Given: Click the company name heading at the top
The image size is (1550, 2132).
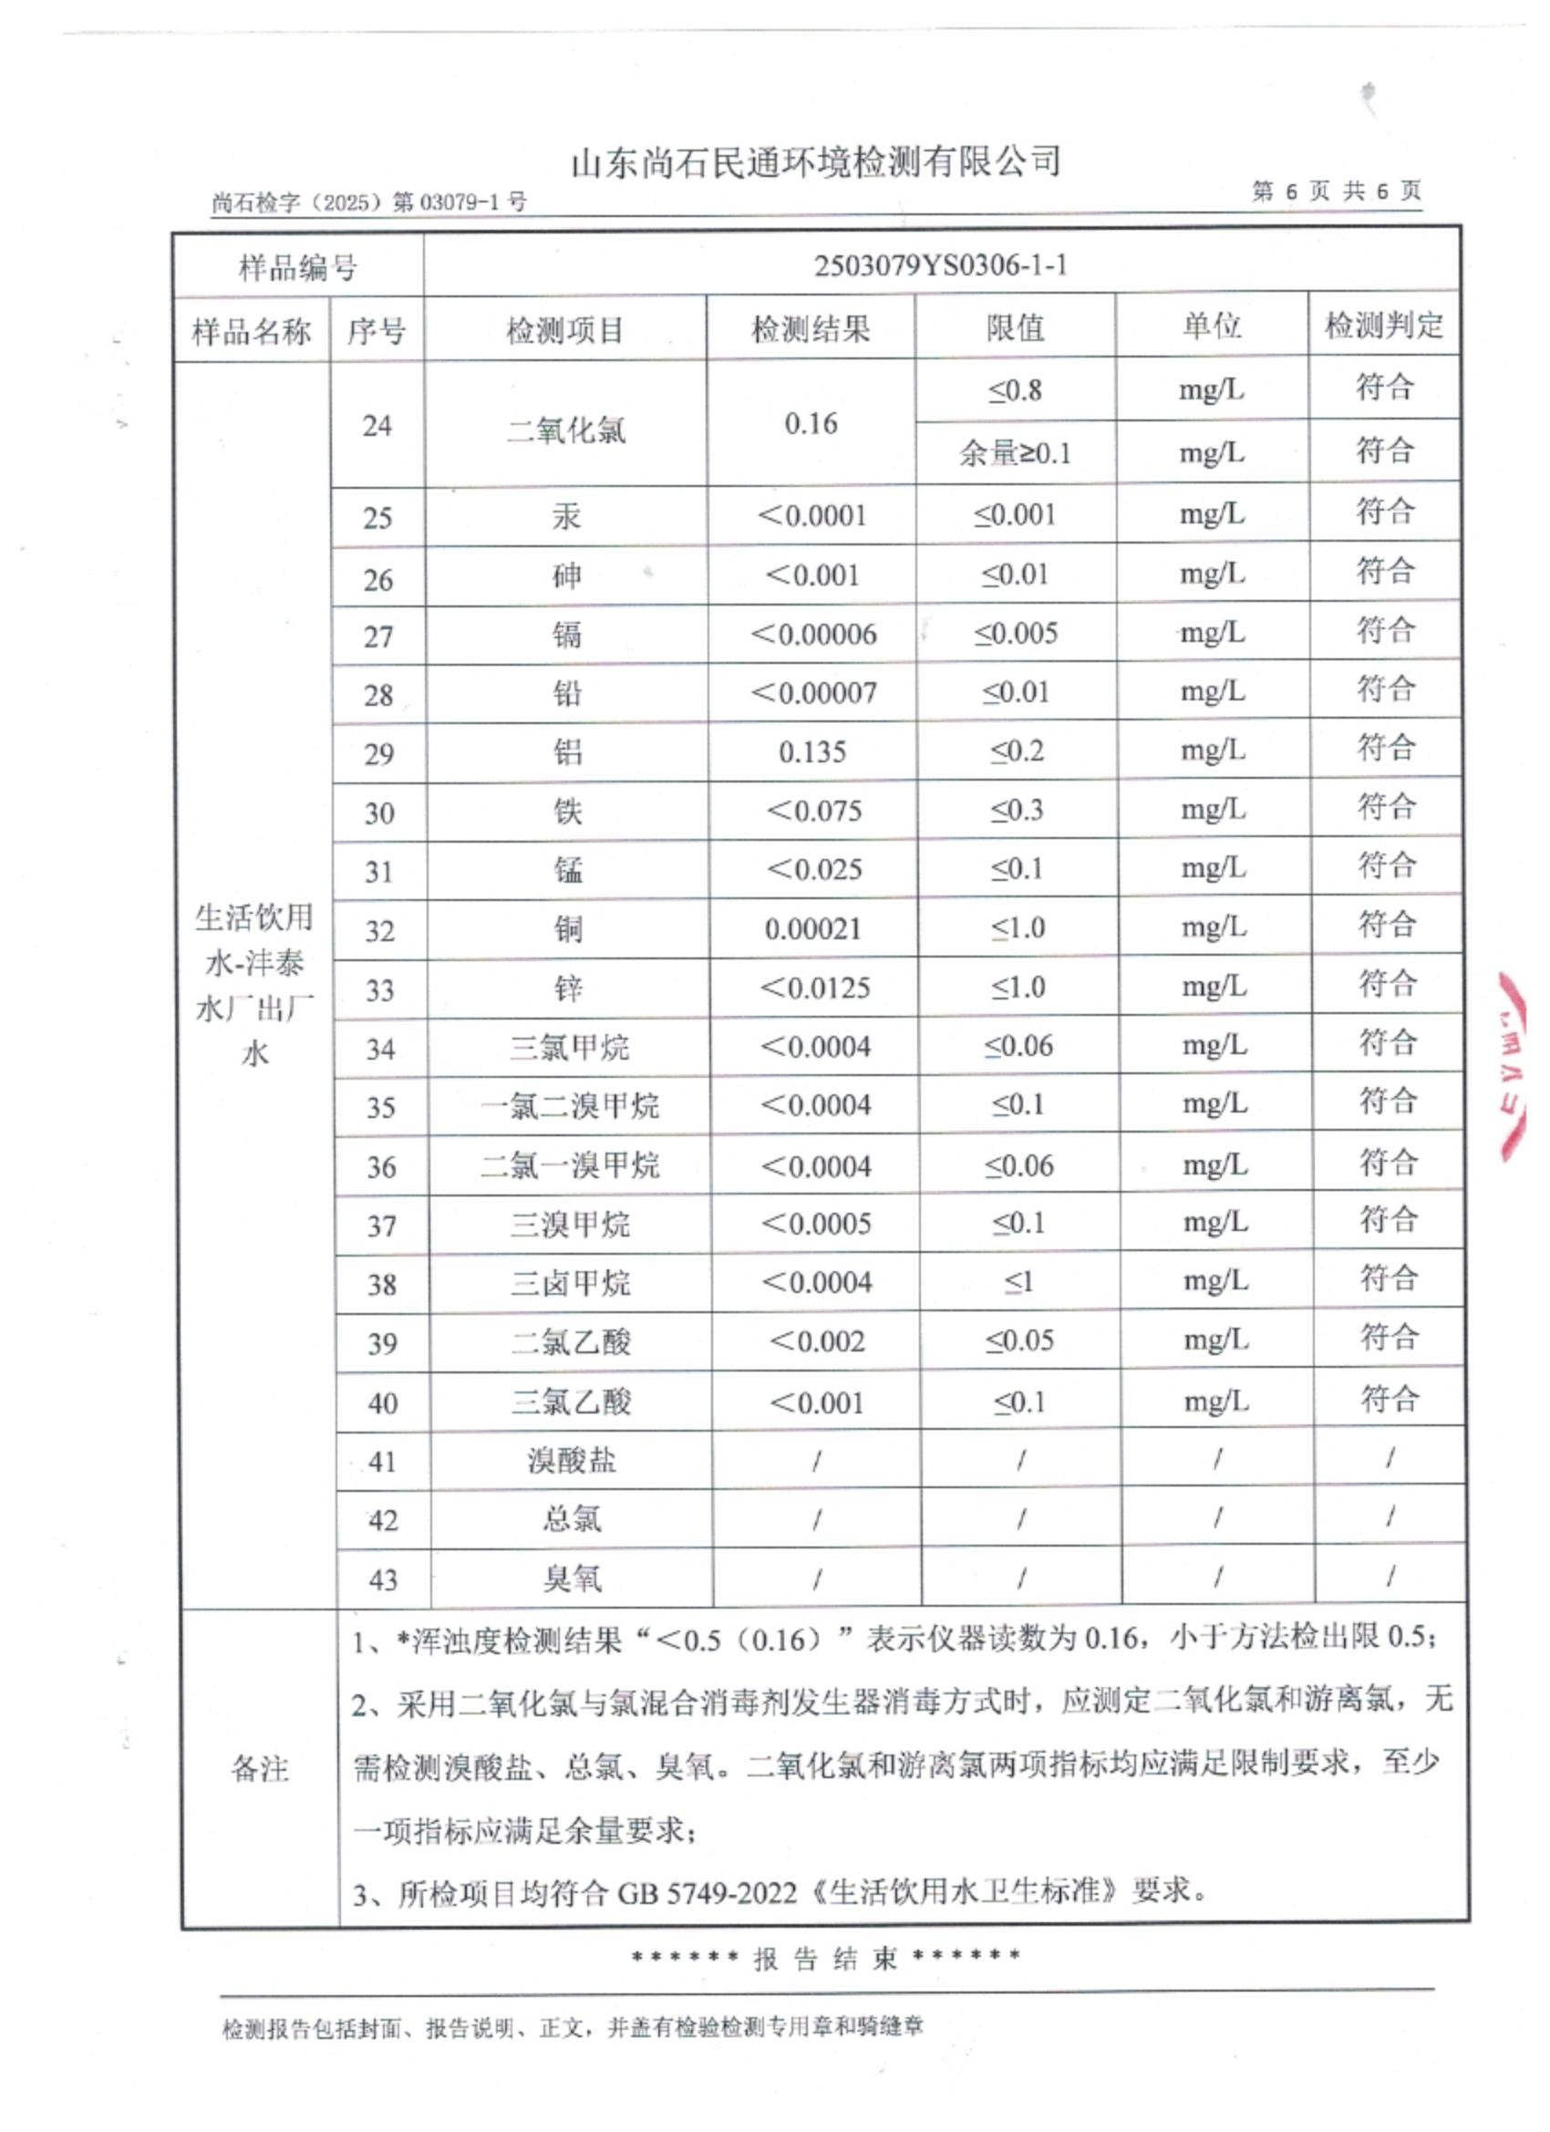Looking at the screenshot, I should coord(816,162).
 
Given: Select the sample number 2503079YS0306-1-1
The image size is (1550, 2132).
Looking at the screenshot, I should coord(940,265).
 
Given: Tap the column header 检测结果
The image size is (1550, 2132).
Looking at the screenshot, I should coord(811,329).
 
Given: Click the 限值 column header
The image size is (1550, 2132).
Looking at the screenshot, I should coord(1014,327).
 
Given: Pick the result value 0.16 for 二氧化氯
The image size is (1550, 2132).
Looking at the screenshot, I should coord(811,424).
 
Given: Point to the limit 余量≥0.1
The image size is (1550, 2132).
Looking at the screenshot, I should coord(1014,453).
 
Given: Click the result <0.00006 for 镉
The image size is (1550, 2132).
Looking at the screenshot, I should coord(813,635).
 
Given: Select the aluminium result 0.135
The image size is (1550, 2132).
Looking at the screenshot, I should coord(812,752).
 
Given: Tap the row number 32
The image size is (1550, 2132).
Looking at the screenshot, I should coord(379,931).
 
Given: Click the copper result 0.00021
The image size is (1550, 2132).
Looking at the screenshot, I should coord(813,928).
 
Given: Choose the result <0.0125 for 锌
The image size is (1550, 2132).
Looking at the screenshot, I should coord(814,988).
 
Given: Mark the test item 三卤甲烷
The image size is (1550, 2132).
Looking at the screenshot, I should coord(570,1283).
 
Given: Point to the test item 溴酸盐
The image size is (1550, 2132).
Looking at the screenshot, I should coord(571,1460).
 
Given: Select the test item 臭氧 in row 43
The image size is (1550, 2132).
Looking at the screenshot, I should coord(571,1578).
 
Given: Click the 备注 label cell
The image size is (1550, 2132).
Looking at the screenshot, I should coord(260,1768).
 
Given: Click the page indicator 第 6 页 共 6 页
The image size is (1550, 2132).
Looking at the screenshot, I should coord(1335,191).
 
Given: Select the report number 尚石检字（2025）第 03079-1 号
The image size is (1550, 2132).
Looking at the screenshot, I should coord(368,202).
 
